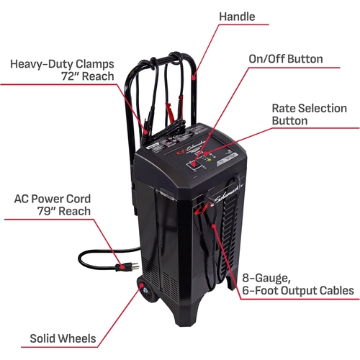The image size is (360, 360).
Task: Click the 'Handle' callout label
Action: (x=237, y=17)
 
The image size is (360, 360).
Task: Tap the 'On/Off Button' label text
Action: (x=286, y=59)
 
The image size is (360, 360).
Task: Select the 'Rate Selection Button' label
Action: (x=309, y=114)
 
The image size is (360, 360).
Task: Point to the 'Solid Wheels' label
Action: (x=63, y=338)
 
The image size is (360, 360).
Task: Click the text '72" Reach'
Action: (x=88, y=76)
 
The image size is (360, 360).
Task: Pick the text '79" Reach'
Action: (x=64, y=211)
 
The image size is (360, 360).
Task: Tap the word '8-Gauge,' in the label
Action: (x=266, y=279)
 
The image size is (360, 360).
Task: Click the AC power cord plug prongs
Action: (x=135, y=266)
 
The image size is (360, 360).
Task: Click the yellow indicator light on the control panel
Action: (x=209, y=160)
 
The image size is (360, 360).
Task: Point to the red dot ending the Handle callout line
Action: (x=194, y=77)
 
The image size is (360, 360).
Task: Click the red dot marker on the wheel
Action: (x=142, y=285)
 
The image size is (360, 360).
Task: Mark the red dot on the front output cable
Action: (x=213, y=225)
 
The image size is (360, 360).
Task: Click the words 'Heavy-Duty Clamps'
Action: (x=62, y=64)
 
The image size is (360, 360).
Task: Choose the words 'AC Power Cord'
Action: (x=53, y=199)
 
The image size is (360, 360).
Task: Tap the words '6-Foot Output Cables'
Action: (x=298, y=291)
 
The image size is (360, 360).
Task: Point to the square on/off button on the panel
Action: (x=193, y=166)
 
